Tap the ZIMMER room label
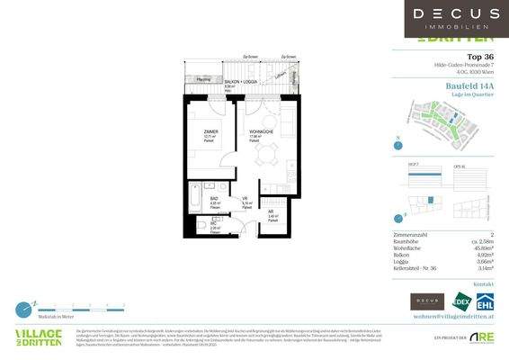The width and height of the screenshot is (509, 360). [x=210, y=131]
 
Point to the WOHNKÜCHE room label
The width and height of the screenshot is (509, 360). [x=263, y=131]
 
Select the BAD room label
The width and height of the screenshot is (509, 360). [x=214, y=199]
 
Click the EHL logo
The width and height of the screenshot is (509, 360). [x=484, y=301]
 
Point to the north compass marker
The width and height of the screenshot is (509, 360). [x=397, y=141]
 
